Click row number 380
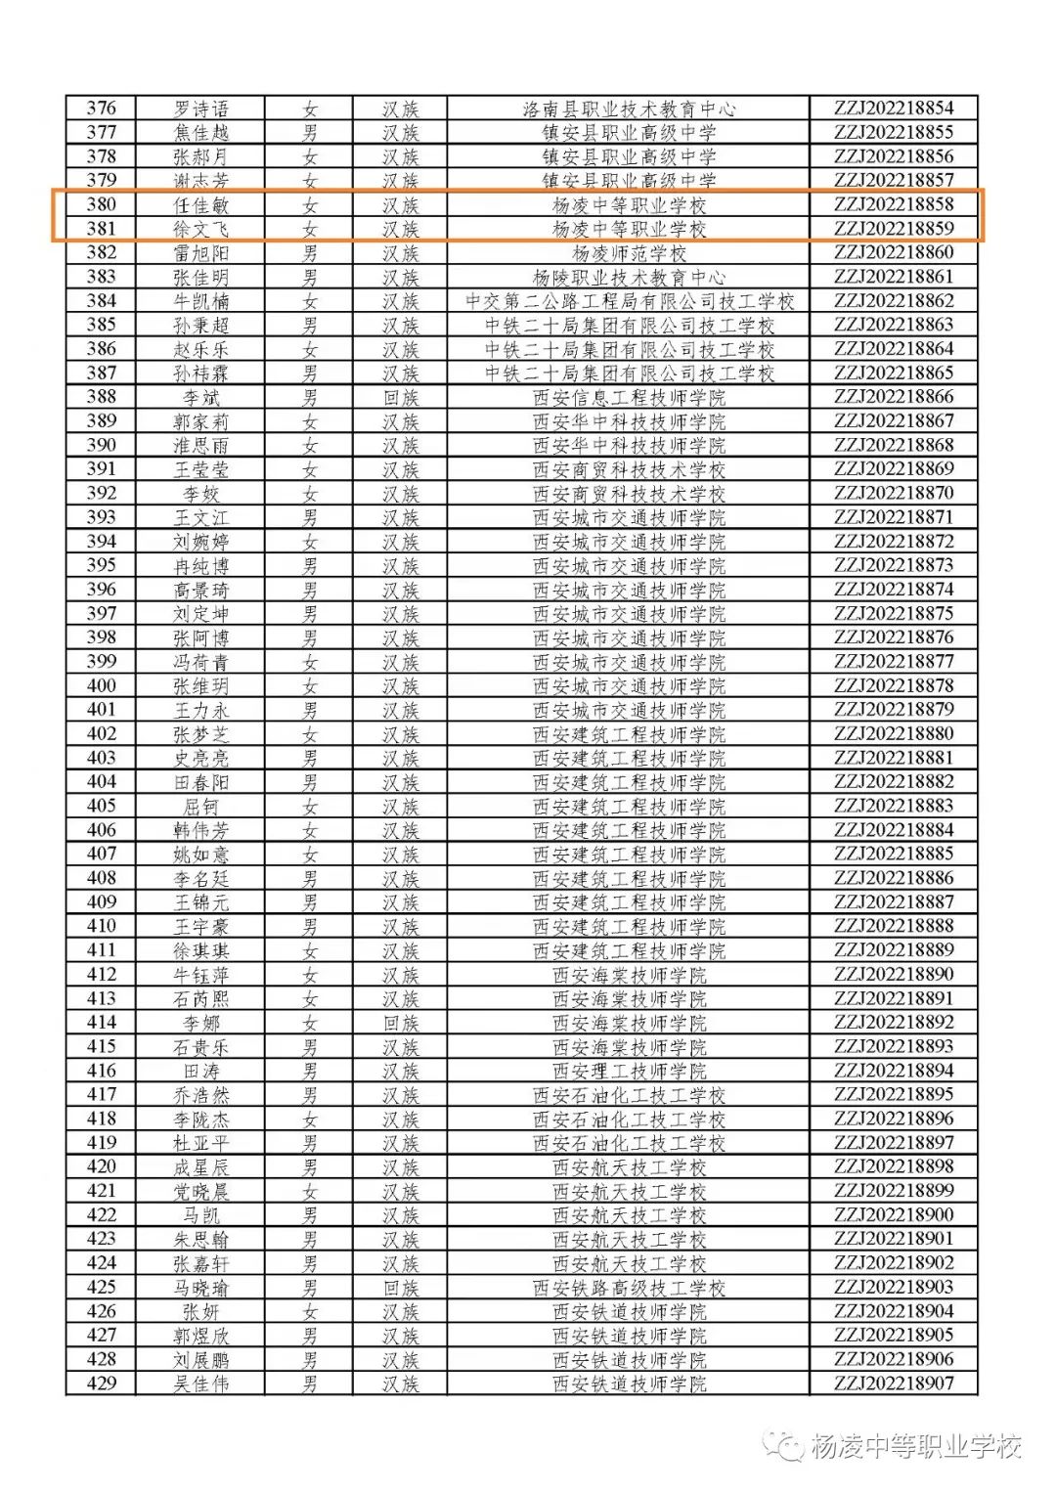click(101, 205)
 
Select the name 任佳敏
click(200, 205)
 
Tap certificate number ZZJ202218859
click(893, 229)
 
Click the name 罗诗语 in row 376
click(200, 109)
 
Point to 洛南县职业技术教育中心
click(629, 109)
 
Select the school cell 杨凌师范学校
click(629, 253)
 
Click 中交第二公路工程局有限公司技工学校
click(629, 301)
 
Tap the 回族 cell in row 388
click(400, 397)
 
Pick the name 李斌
click(200, 397)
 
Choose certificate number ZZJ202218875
click(893, 614)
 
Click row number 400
click(101, 686)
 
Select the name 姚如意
click(200, 855)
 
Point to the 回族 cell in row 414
click(400, 1023)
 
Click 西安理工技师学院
click(629, 1071)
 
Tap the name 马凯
click(200, 1215)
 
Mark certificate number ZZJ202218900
click(893, 1215)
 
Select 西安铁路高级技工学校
click(629, 1288)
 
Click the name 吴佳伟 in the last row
click(200, 1383)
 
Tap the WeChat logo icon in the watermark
click(785, 1446)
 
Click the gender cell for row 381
click(309, 229)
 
